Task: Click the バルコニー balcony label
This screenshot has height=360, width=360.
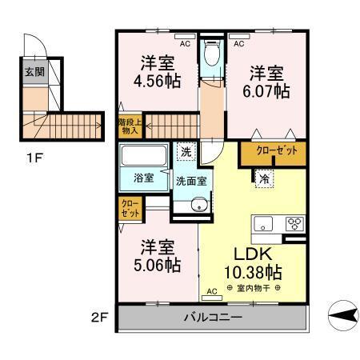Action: coord(214,317)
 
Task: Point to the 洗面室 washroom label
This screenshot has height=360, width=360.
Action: coord(191,181)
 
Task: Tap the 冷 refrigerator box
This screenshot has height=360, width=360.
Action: coord(263,179)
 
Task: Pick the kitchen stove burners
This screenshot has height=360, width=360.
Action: coord(294,224)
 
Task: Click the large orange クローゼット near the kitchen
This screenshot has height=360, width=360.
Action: coord(272,151)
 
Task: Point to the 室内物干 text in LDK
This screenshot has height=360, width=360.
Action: coord(254,287)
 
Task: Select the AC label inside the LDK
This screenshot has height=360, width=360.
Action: coord(213,290)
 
